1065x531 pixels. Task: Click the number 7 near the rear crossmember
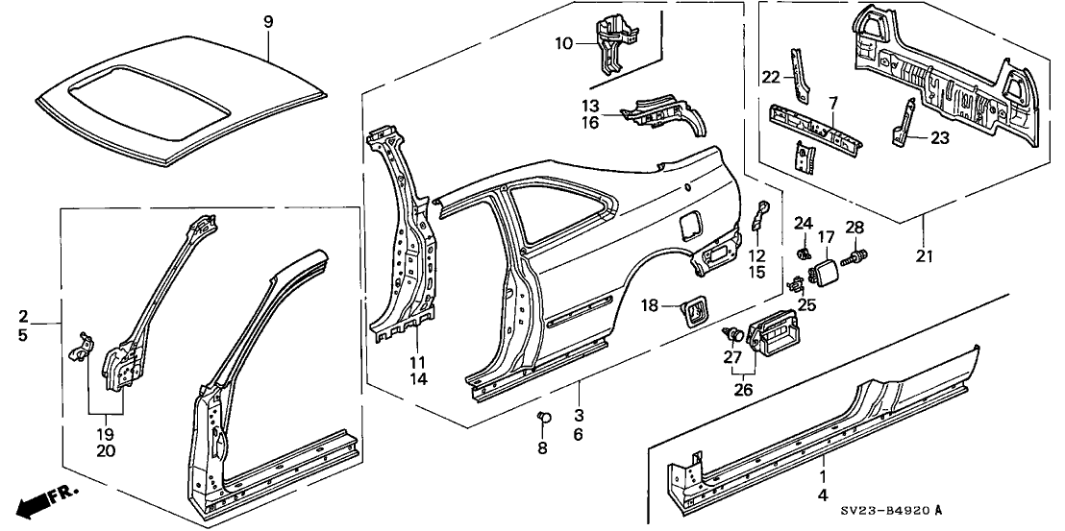pyautogui.click(x=832, y=103)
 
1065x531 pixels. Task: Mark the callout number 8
pyautogui.click(x=543, y=447)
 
